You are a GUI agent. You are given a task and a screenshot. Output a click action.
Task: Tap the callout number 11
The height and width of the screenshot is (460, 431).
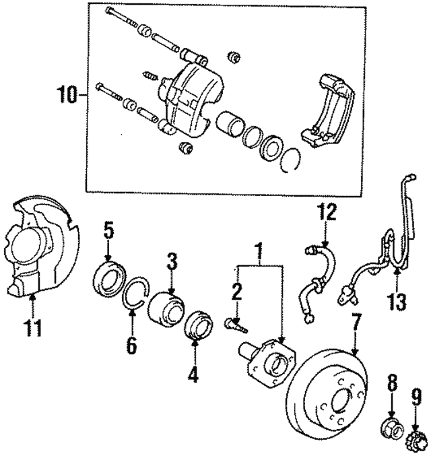(x=33, y=329)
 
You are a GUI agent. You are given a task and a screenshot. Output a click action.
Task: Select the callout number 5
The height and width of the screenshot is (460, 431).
(x=108, y=232)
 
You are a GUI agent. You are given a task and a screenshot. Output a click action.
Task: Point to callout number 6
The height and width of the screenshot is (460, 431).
(x=131, y=346)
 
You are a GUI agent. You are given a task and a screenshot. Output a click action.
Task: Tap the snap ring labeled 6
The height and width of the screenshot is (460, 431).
(x=137, y=296)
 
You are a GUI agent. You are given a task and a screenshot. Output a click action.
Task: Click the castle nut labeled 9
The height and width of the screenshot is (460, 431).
(x=415, y=442)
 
